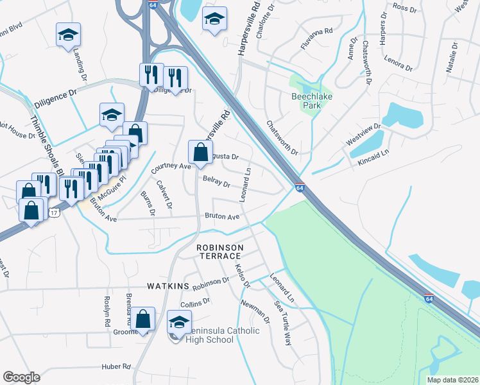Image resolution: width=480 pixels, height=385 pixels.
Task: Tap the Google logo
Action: [22, 377]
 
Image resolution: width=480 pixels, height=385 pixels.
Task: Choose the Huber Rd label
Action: [116, 367]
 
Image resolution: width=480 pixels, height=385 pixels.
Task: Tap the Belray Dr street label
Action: [216, 182]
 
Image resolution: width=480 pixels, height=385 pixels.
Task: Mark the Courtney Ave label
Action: [171, 166]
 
